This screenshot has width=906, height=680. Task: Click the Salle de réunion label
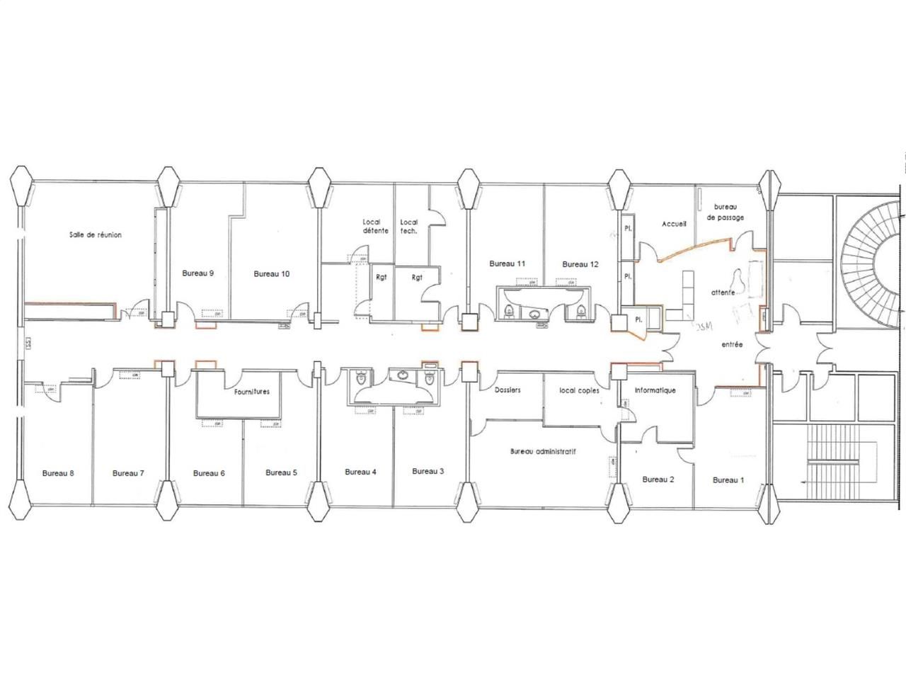[95, 234]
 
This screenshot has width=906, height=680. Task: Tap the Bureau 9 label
[198, 273]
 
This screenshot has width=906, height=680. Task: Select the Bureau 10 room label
[271, 273]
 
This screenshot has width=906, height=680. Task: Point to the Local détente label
[375, 226]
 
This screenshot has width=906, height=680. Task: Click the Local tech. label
[409, 226]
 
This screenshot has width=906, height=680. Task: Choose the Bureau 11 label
[507, 263]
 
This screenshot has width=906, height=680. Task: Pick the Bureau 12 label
[580, 264]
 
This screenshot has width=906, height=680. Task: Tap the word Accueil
[674, 224]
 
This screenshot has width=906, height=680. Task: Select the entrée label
[732, 345]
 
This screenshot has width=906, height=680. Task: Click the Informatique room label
[655, 390]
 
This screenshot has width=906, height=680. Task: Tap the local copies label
[579, 390]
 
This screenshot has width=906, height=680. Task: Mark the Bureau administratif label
[543, 450]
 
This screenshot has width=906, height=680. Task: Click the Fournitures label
[251, 391]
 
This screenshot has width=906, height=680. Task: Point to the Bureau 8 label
[58, 473]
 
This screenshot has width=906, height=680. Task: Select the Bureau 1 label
[728, 480]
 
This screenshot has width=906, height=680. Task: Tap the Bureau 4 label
[360, 472]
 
